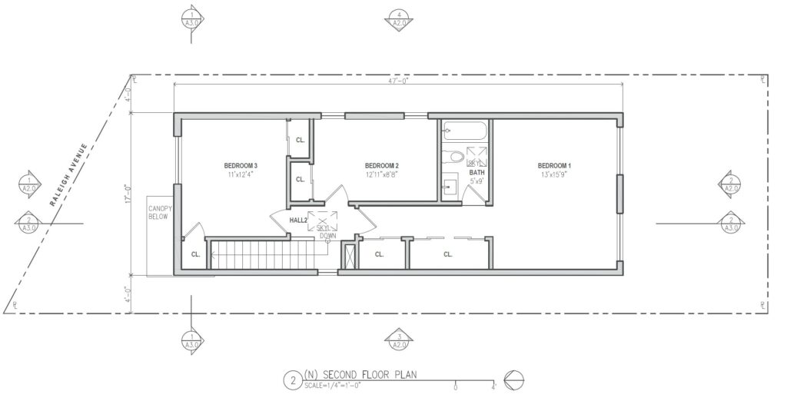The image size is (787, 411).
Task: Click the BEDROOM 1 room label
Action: [553, 166]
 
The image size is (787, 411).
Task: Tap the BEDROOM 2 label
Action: [381, 166]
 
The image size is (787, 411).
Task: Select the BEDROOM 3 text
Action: [241, 166]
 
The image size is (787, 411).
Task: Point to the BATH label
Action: [477, 173]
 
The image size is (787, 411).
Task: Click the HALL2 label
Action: [298, 220]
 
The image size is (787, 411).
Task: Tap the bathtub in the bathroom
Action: [466, 131]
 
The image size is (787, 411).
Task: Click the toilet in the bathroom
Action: [455, 157]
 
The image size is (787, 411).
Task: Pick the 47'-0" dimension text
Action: [399, 80]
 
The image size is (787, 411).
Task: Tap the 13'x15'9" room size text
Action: [553, 175]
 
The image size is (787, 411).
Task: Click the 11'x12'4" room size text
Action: [241, 175]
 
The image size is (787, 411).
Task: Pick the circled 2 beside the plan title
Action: [291, 380]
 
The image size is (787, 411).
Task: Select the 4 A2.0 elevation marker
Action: [398, 18]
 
